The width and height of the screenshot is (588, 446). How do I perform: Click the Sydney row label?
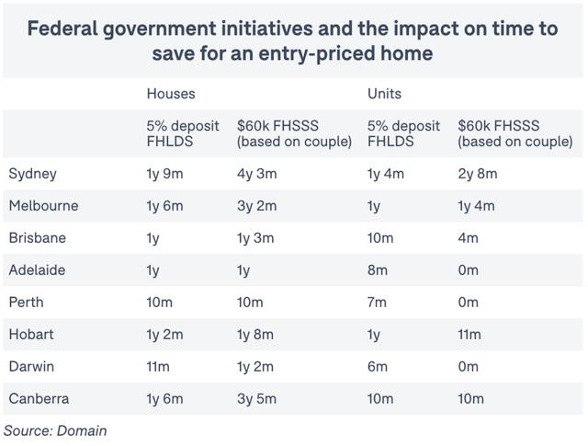coord(32,174)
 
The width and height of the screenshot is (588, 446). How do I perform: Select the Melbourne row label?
coord(43,206)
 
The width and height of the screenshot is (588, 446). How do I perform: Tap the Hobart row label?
coord(31,335)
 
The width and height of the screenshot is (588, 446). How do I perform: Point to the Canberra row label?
coord(39,399)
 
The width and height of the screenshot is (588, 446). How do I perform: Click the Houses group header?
coord(171,94)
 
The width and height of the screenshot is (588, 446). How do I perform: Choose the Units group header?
coord(384,94)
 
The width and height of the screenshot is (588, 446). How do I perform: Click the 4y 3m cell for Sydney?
coord(255,174)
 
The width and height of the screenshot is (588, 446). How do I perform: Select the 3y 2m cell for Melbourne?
coord(255,206)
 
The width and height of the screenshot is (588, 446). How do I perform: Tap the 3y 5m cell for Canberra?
coord(255,399)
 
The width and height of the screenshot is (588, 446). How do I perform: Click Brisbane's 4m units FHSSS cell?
coord(469,238)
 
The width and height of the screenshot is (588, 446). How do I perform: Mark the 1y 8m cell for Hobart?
coord(255,335)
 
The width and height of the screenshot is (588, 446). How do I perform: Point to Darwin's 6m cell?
coord(378,367)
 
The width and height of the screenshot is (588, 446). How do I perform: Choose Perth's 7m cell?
coord(378,303)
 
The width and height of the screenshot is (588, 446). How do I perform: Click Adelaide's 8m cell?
coord(378,270)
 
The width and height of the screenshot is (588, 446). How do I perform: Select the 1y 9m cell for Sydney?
coord(165,174)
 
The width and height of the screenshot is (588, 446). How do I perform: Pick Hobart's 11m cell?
coord(469,335)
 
